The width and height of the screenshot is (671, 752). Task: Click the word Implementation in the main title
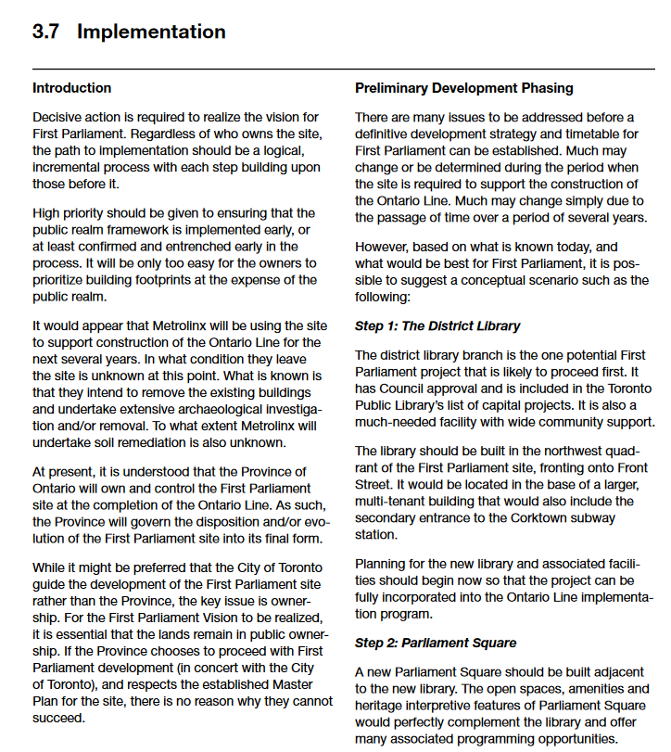(151, 32)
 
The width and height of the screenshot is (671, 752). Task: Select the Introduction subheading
(71, 88)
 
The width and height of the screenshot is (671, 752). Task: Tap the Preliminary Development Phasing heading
(463, 88)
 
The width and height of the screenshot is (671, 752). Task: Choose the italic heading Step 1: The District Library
(437, 326)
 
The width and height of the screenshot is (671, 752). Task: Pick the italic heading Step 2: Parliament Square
(436, 643)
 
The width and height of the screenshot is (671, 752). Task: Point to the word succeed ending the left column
(58, 718)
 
